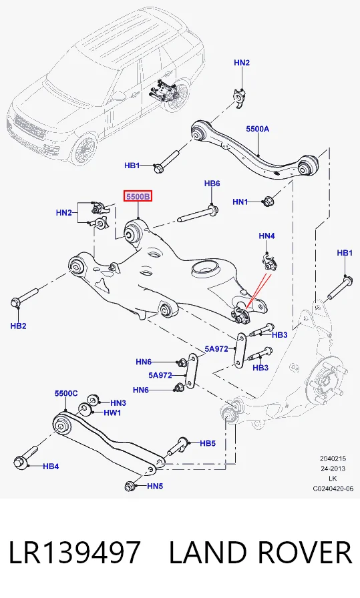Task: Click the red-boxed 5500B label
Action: [x=138, y=196]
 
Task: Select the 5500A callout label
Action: [x=257, y=129]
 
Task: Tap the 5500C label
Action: [x=66, y=393]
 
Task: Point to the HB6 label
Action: [x=212, y=184]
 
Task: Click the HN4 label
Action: [x=266, y=236]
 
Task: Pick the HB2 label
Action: [x=18, y=326]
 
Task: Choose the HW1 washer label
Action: [x=113, y=412]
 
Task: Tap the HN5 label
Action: [x=155, y=487]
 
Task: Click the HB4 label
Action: [x=51, y=466]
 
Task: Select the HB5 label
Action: [x=208, y=443]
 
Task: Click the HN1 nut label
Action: [x=240, y=202]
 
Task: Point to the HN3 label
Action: [x=118, y=402]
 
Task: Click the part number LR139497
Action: [x=74, y=553]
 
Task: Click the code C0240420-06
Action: [x=333, y=489]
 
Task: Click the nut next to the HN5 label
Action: [x=130, y=487]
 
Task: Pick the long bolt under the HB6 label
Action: [x=198, y=214]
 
